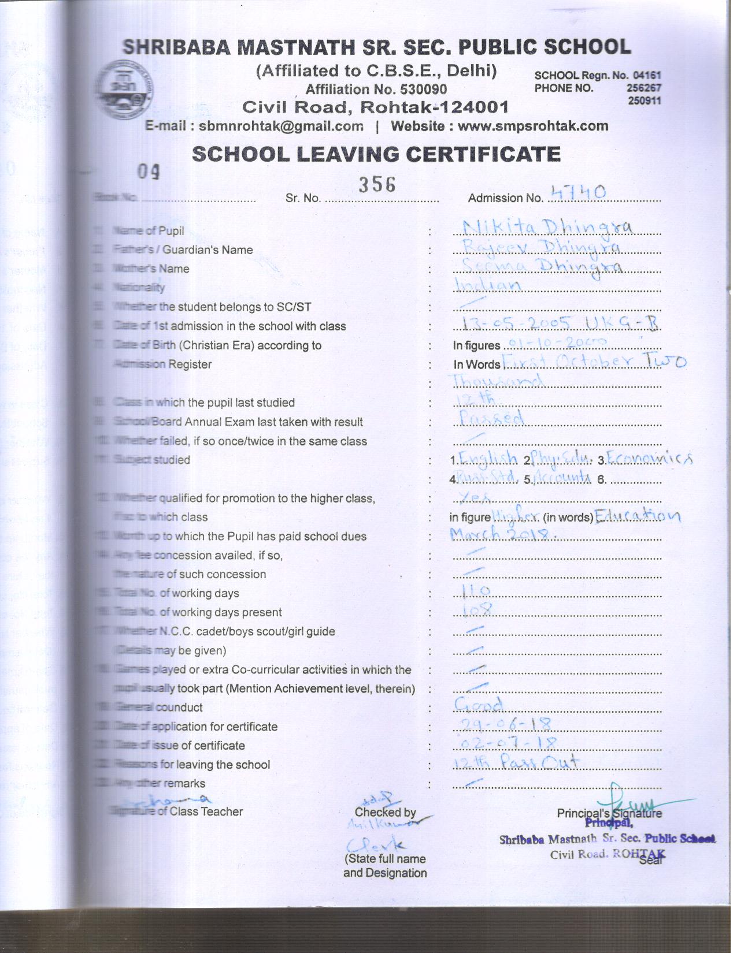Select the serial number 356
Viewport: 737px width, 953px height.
(376, 184)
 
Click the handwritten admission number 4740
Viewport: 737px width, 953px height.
(578, 193)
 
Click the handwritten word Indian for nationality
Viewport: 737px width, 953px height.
(488, 285)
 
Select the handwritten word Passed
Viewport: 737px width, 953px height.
(490, 418)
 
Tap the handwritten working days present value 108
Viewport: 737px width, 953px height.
(479, 609)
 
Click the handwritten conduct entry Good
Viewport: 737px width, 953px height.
(479, 705)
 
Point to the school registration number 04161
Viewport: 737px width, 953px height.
(647, 75)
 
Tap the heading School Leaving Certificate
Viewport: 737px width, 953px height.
(376, 154)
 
